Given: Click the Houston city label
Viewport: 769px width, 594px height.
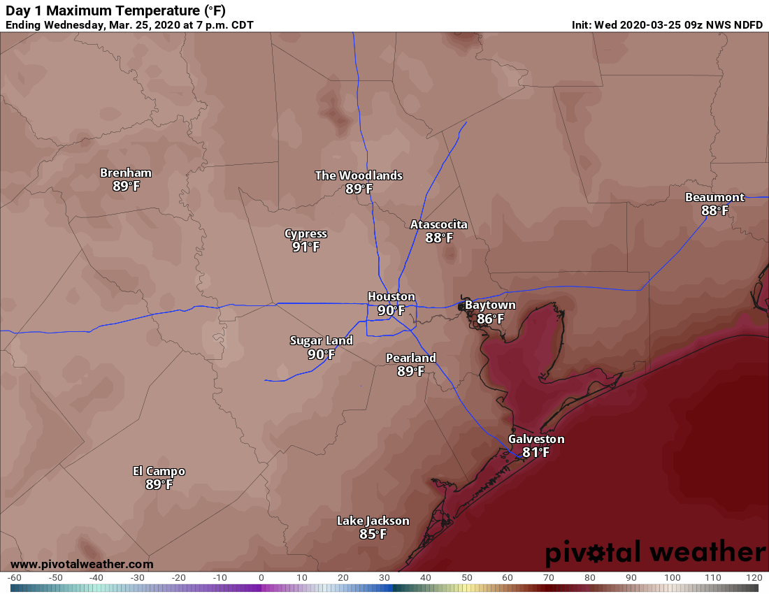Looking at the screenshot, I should click(x=391, y=297).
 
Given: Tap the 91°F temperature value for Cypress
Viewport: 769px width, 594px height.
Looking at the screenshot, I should click(x=306, y=247).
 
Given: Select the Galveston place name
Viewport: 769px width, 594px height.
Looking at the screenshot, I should click(x=536, y=439).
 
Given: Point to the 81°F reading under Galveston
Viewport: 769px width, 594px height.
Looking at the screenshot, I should click(x=536, y=452).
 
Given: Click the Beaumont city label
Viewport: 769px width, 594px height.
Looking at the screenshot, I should click(x=714, y=197).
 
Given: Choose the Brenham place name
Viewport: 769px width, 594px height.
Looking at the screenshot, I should click(x=126, y=173).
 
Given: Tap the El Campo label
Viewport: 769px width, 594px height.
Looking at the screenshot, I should click(x=159, y=471).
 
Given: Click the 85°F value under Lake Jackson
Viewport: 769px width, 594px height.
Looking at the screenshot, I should click(x=373, y=534).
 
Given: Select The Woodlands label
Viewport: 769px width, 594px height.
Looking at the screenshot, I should click(x=359, y=175).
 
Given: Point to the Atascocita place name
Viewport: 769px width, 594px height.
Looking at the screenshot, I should click(x=438, y=224).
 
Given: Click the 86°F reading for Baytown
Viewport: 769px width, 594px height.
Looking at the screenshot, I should click(x=490, y=319).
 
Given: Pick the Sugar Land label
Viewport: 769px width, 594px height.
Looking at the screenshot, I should click(x=322, y=340).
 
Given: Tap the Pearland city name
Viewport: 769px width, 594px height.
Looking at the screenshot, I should click(x=411, y=358).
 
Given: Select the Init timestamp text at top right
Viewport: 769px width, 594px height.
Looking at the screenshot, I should click(x=668, y=25).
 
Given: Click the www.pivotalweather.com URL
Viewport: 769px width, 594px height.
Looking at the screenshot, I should click(x=82, y=564).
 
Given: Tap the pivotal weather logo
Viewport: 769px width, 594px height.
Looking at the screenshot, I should click(x=655, y=553).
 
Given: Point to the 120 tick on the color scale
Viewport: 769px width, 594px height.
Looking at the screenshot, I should click(x=754, y=578).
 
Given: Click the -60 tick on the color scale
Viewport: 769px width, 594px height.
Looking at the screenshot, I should click(x=14, y=578).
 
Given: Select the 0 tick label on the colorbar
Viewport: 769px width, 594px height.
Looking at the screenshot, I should click(x=261, y=578).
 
